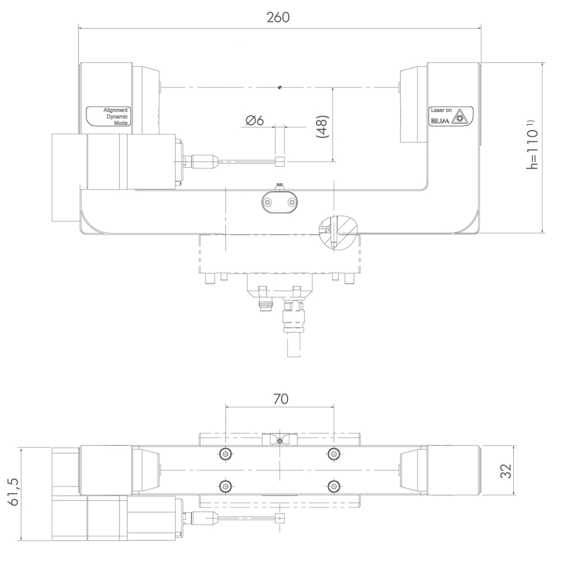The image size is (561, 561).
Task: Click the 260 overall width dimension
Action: click(278, 17)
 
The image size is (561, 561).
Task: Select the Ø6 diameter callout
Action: click(255, 121)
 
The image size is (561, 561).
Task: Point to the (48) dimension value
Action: click(323, 126)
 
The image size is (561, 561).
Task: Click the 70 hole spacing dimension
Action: click(281, 398)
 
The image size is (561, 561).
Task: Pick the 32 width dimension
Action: click(506, 471)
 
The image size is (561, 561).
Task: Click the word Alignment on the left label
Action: click(115, 110)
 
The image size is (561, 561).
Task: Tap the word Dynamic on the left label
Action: click(117, 117)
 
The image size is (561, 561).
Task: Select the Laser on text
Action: click(441, 110)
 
